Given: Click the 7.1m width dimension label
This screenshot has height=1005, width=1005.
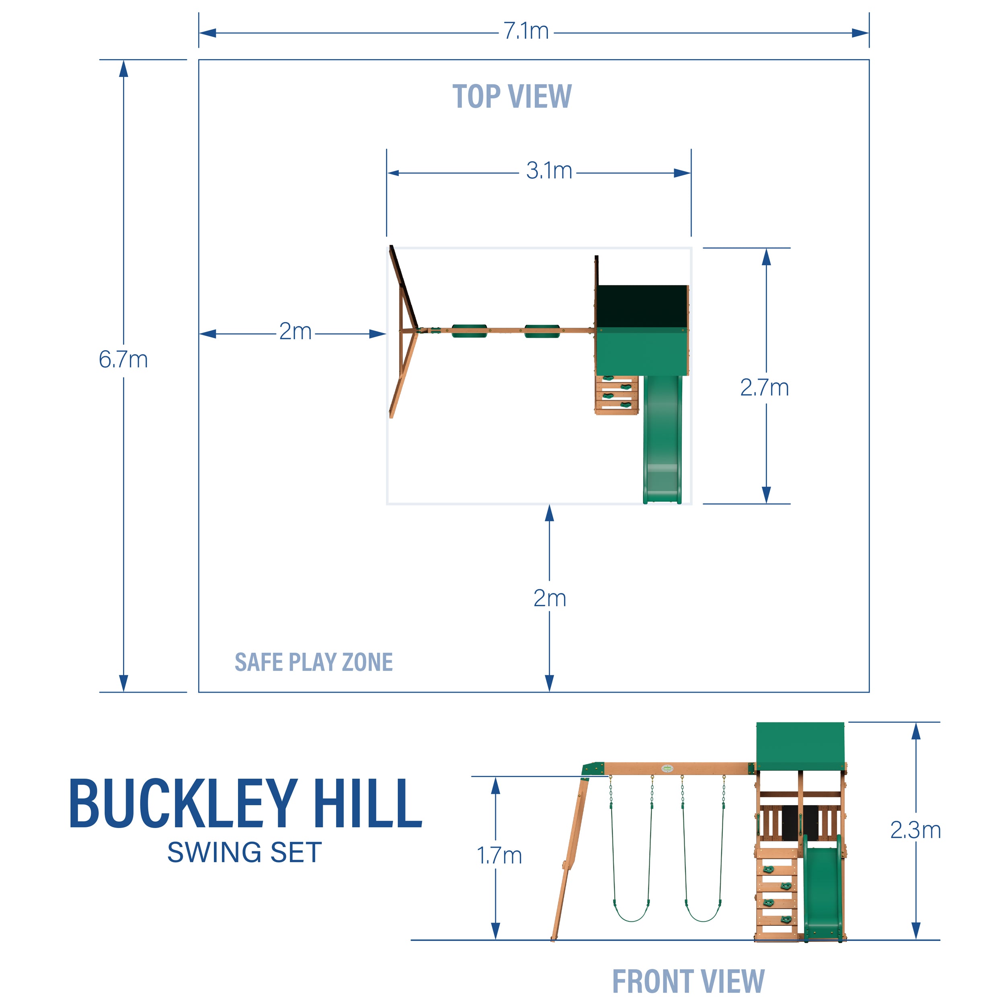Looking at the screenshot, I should point(525,32).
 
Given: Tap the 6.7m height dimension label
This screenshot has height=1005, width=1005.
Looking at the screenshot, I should point(123,359).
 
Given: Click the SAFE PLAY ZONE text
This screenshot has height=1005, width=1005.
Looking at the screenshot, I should point(314,662).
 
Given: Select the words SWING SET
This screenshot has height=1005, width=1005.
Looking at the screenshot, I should point(244,853).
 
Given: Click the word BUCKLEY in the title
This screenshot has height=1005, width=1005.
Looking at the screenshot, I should point(183,804).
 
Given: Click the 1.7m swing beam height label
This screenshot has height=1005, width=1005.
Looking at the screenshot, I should point(499,856).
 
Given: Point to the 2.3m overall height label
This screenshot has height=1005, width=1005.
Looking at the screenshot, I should point(915,830).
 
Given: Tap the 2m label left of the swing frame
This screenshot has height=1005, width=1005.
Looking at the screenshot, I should point(295,331).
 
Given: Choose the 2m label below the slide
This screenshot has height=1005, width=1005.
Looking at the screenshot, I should point(549,598).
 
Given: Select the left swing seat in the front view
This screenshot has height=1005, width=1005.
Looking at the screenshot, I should point(632,911).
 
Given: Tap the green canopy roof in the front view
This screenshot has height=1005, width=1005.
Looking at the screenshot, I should point(800,745).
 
